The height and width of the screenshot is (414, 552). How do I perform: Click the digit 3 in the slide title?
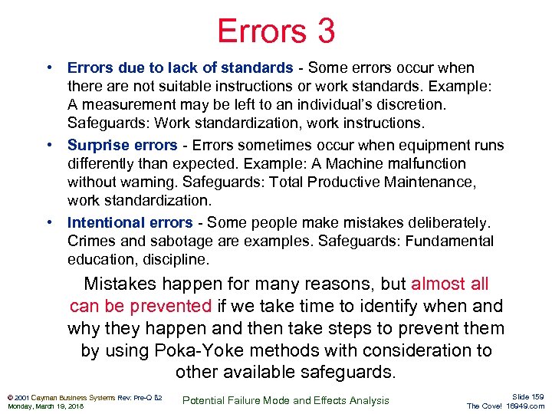(x=323, y=31)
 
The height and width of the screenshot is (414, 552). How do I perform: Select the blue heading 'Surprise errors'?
(x=122, y=146)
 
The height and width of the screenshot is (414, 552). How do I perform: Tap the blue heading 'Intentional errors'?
(x=130, y=223)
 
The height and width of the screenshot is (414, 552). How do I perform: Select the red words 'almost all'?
(x=449, y=284)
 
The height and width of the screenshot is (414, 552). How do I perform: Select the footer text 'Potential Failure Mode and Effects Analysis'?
(x=287, y=400)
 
